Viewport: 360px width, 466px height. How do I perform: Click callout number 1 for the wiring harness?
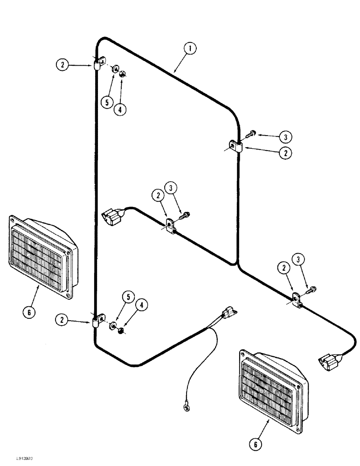189,48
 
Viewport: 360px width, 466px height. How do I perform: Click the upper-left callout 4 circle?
121,110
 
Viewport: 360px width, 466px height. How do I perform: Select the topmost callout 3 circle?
285,137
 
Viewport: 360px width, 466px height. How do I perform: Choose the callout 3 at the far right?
299,260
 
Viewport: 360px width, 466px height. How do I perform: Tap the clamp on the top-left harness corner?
98,63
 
